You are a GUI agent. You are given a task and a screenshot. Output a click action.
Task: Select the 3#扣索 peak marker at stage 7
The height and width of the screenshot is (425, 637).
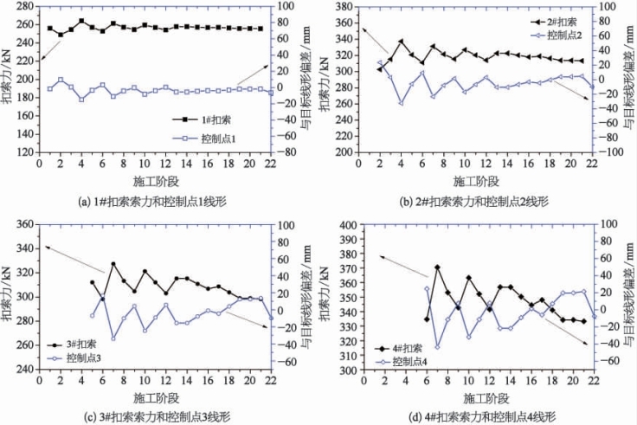point(113,264)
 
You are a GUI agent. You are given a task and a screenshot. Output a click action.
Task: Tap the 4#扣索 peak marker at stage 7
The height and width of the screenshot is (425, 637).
point(437,267)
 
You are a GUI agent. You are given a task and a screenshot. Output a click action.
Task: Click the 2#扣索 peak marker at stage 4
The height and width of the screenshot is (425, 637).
point(401,41)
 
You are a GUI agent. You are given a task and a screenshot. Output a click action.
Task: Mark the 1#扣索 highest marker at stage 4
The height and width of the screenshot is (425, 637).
point(81,21)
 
